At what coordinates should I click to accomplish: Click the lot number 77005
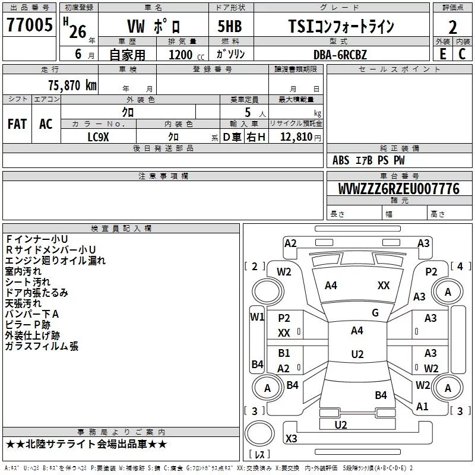point(29,24)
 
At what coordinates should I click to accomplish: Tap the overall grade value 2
point(452,27)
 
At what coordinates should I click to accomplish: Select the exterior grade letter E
point(443,53)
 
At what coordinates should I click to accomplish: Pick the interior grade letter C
point(462,53)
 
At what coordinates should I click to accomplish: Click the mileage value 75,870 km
point(72,85)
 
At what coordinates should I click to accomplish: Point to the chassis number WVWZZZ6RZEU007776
point(399,189)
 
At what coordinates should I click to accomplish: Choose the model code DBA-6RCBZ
point(340,55)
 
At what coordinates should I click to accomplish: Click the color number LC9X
point(98,137)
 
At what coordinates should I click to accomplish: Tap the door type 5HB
point(230,26)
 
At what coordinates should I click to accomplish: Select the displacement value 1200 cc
point(186,55)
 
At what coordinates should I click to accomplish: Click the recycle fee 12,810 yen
point(300,137)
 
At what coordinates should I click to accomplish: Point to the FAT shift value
point(17,124)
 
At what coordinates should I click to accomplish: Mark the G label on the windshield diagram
point(375,313)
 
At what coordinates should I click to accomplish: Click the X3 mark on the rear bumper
point(291,438)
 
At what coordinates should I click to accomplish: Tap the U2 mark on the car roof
point(357,354)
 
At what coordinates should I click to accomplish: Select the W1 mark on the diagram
point(257,317)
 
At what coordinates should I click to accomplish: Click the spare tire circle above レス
point(259,433)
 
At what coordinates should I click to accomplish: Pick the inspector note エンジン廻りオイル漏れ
point(55,261)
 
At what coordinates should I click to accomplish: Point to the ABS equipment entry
point(341,160)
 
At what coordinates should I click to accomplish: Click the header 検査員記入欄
point(121,229)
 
